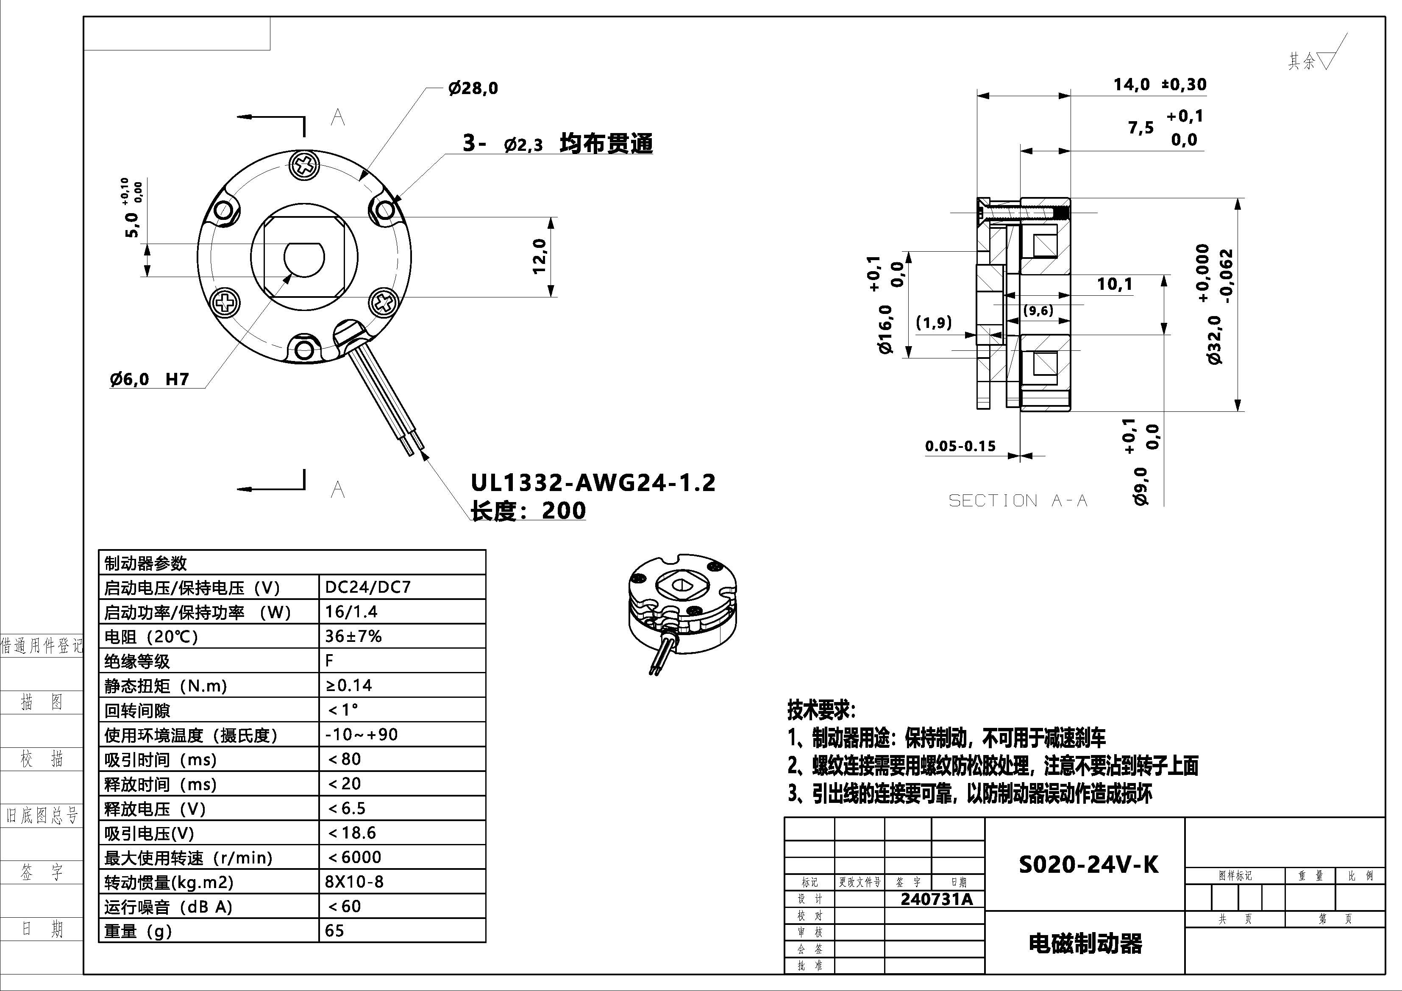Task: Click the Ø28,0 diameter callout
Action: coord(473,89)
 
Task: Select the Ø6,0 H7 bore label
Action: coord(150,379)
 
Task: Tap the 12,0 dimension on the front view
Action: coord(539,256)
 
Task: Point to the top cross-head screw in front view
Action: coord(304,165)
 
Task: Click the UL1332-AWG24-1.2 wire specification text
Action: coord(593,483)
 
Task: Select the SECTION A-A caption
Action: coord(1017,501)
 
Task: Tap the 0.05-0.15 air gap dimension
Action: coord(960,446)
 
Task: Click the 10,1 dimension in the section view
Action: coord(1114,284)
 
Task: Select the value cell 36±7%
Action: coord(353,636)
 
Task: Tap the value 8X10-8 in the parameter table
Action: coord(354,882)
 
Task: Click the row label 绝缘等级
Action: coord(137,661)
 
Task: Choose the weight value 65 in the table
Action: coord(335,930)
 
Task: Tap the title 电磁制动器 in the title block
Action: coord(1085,944)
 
